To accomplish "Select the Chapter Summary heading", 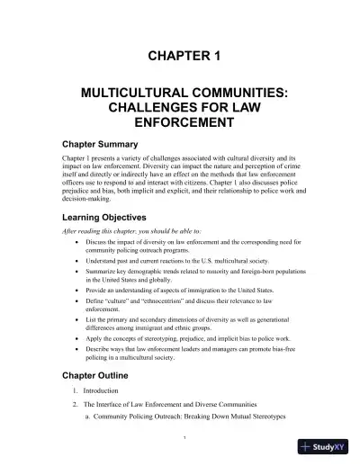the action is [x=99, y=144].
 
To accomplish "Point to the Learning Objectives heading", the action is [x=106, y=217].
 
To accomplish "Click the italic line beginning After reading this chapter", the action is [x=126, y=231].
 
